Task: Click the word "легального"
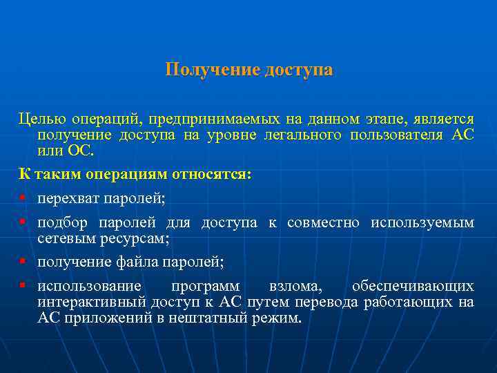click(x=302, y=135)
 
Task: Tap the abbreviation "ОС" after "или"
click(x=84, y=150)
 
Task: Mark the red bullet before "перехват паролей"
click(x=23, y=199)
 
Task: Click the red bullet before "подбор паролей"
click(x=23, y=223)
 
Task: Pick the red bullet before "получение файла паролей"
click(x=23, y=262)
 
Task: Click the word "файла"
click(x=137, y=262)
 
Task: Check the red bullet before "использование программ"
click(x=23, y=286)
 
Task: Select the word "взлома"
click(x=295, y=287)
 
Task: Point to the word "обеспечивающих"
click(x=413, y=287)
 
